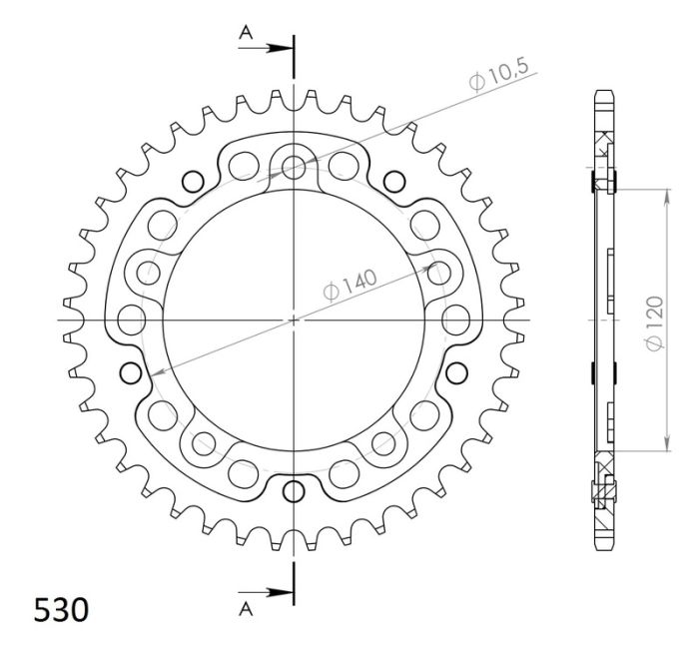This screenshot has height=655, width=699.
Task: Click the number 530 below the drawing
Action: (61, 608)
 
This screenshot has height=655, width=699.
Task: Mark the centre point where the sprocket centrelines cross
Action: (294, 320)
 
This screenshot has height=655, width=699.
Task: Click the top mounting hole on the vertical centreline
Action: (294, 165)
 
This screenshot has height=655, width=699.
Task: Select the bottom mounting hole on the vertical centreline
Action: (294, 490)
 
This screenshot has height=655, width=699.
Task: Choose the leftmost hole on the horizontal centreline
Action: (131, 320)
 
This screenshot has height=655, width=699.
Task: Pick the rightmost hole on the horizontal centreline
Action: (456, 320)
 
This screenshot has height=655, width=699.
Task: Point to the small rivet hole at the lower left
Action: (129, 373)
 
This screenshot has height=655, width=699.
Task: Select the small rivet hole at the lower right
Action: (458, 373)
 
